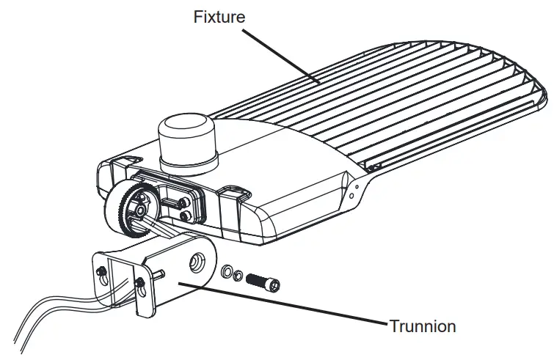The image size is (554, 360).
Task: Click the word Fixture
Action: [x=218, y=16]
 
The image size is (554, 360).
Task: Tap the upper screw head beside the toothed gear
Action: [x=181, y=200]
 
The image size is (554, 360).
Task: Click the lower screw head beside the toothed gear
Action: [x=183, y=215]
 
